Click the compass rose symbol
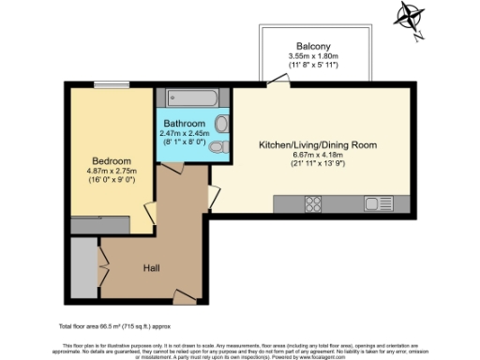coord(411,17)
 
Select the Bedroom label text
coord(112,160)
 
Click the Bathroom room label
coord(183,124)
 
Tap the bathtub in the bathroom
coord(192,97)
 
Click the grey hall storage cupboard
coord(84,269)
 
